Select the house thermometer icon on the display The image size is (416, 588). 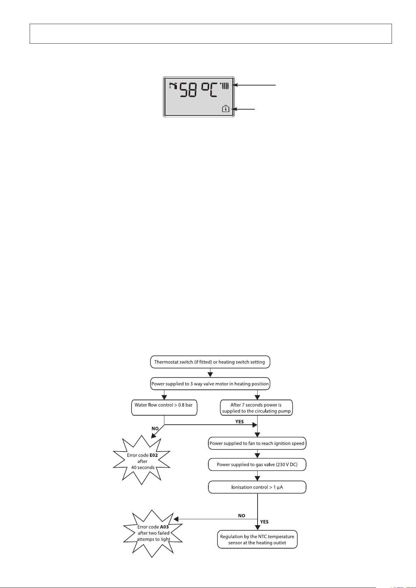(226, 109)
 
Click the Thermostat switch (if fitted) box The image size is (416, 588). (210, 362)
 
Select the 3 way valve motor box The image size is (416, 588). (210, 384)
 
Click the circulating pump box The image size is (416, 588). (256, 408)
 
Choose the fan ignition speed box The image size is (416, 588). (257, 444)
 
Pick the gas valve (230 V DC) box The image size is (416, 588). (257, 465)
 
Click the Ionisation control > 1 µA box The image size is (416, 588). (257, 487)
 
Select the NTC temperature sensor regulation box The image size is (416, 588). (257, 539)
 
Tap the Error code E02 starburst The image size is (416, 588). (142, 461)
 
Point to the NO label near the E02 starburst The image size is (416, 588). (155, 429)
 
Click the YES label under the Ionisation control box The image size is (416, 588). (264, 522)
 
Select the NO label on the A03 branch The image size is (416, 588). (242, 515)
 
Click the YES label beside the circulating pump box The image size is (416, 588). (239, 422)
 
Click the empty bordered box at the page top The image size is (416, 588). (210, 34)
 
